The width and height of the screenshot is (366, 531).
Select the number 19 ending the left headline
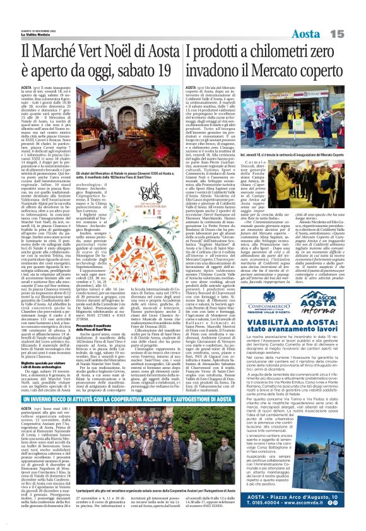tap(165, 69)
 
